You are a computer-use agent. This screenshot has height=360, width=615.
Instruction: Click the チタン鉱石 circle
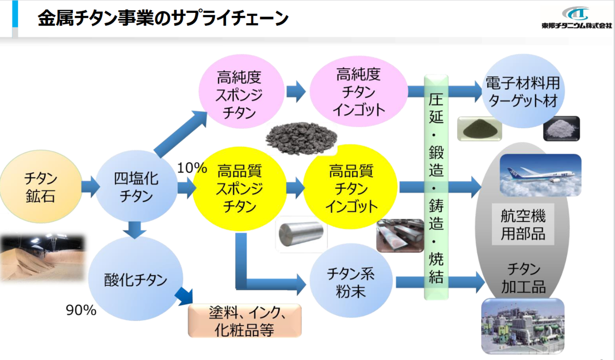point(41,187)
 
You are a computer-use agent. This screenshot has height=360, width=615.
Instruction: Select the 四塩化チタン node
point(136,186)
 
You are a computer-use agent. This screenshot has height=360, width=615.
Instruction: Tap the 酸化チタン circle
point(136,278)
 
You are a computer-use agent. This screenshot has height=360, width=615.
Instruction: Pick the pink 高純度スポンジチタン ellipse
point(241,91)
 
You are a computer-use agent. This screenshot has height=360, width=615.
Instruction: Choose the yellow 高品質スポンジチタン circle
point(240,189)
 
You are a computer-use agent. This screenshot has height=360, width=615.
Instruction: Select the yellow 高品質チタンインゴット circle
point(351,187)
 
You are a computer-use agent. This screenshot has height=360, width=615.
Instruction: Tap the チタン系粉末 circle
point(351,281)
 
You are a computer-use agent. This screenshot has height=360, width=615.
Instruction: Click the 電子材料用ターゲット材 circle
point(523,91)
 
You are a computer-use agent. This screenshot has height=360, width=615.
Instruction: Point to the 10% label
point(192,168)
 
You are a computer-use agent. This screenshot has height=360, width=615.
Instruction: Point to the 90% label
point(81,310)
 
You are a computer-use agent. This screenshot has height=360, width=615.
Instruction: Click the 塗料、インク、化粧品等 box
point(244,321)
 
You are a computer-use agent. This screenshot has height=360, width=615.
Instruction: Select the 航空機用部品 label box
point(523,224)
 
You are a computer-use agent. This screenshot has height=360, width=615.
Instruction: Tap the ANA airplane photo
point(540,175)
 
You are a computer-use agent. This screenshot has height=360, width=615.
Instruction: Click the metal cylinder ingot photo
point(301,234)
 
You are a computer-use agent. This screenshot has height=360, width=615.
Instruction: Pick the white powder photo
point(562,129)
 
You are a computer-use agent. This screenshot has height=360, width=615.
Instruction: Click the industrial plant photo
point(523,326)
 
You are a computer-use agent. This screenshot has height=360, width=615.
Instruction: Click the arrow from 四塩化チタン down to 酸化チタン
point(134,230)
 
